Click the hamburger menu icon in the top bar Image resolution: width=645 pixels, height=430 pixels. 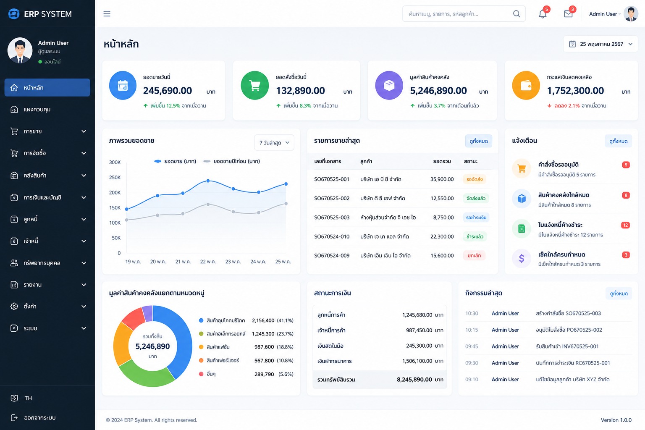[x=107, y=13]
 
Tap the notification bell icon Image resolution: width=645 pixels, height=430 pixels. [x=543, y=14]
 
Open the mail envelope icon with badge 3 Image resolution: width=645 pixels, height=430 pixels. [x=568, y=14]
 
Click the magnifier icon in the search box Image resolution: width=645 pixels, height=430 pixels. [x=517, y=13]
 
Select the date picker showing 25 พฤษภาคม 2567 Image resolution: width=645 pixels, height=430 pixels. [x=600, y=44]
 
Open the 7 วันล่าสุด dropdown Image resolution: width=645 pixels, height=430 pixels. [x=274, y=143]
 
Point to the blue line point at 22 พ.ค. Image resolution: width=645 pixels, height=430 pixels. [x=208, y=181]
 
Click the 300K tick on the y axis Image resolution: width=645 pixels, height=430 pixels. [x=115, y=162]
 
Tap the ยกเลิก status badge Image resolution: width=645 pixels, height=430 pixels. [x=474, y=255]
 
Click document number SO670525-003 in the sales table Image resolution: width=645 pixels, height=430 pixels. [x=332, y=218]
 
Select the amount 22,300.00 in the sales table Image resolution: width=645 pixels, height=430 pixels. [x=442, y=236]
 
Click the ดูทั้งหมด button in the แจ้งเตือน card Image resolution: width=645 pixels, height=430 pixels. [x=618, y=141]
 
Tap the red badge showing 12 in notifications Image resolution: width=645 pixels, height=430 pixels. [x=625, y=225]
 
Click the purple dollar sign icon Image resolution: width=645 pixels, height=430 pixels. [x=522, y=258]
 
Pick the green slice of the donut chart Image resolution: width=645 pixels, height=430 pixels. [x=144, y=375]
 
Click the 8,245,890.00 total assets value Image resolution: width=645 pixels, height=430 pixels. [x=414, y=379]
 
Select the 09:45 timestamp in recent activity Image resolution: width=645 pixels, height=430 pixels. [x=472, y=346]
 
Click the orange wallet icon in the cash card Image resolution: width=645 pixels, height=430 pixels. [x=526, y=85]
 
